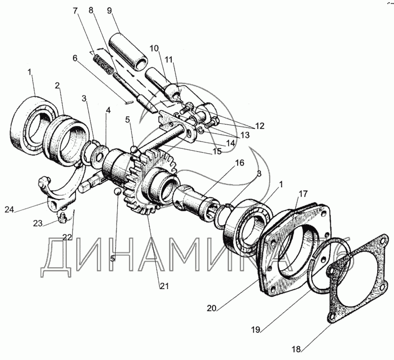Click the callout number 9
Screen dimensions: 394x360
[109, 11]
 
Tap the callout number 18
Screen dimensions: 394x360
[297, 349]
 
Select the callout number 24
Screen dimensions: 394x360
[9, 209]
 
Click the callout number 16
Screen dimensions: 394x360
[239, 163]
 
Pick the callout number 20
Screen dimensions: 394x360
[212, 308]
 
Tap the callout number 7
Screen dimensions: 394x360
[75, 11]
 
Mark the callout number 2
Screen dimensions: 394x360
[58, 85]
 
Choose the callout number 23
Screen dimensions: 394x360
[38, 223]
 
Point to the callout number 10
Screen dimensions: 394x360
[154, 48]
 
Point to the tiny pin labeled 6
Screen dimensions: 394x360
[129, 102]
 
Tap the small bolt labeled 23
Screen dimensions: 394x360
[61, 216]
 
